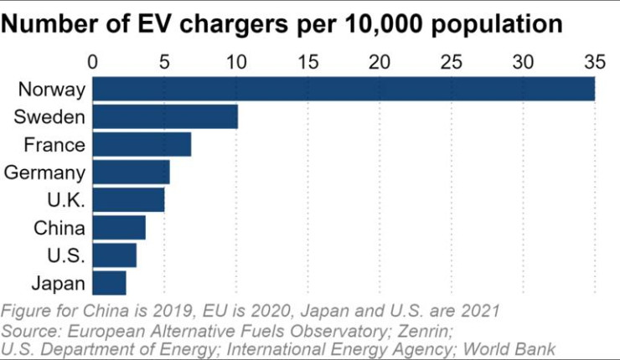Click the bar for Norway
click(x=344, y=89)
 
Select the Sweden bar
click(x=165, y=116)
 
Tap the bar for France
click(x=142, y=144)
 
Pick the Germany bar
click(x=131, y=172)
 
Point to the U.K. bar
click(x=128, y=200)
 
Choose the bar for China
click(x=119, y=228)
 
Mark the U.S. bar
click(x=114, y=255)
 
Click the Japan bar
click(x=109, y=283)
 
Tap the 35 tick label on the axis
click(x=594, y=62)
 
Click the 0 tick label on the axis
click(x=93, y=62)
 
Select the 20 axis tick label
click(x=380, y=62)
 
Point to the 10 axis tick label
click(x=236, y=62)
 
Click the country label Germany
click(x=44, y=172)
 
